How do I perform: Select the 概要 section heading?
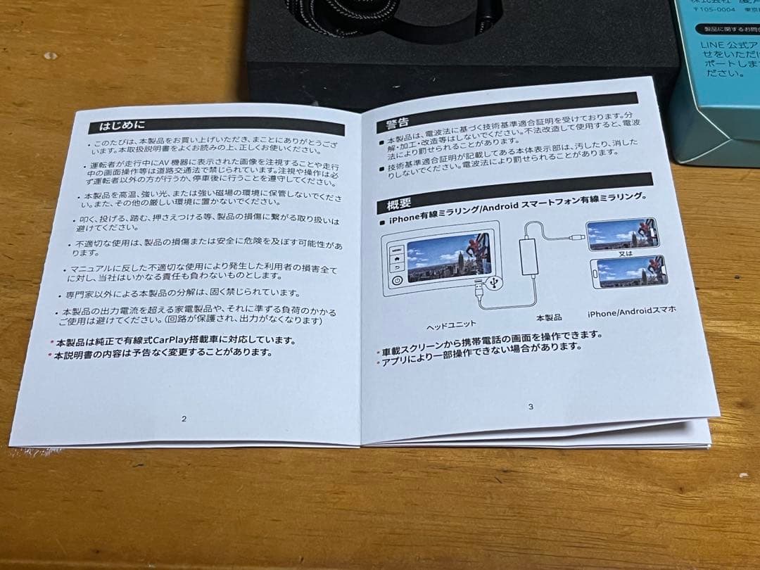point(398,205)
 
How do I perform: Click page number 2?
point(184,419)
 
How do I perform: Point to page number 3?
point(530,406)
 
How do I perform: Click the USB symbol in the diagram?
point(493,281)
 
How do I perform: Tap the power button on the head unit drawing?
point(396,279)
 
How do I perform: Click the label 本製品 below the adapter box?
point(549,317)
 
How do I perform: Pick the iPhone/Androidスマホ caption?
point(632,312)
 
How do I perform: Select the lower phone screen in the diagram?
point(630,272)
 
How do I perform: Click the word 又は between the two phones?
point(625,253)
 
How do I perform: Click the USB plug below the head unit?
point(479,289)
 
